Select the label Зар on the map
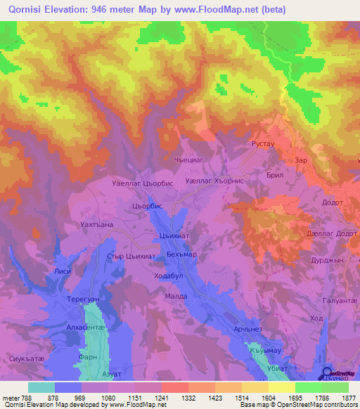pyautogui.click(x=302, y=160)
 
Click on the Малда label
pyautogui.click(x=176, y=297)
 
